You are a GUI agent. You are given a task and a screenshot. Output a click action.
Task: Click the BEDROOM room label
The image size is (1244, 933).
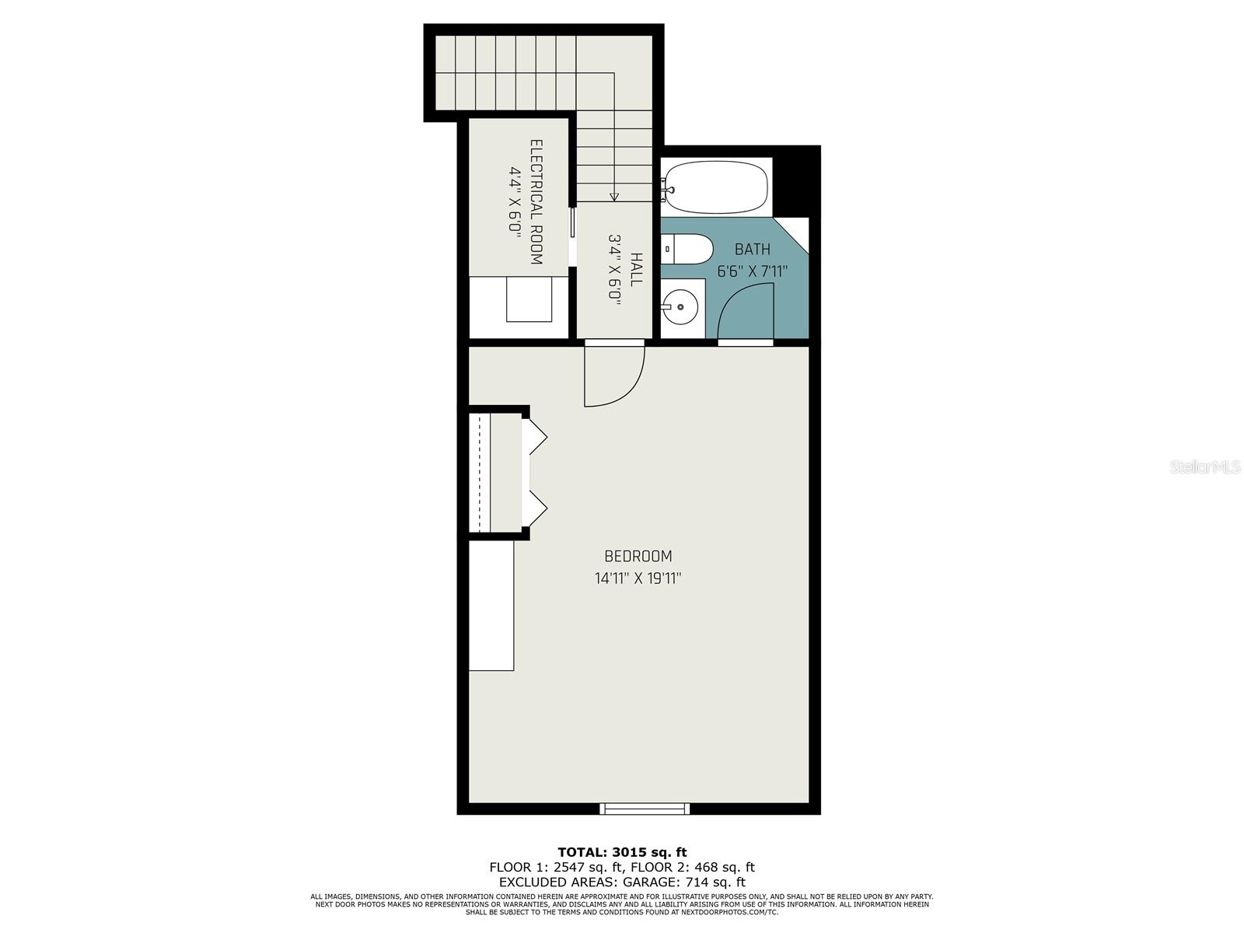(638, 556)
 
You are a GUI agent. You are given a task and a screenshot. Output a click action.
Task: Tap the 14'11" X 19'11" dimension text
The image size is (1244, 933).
(638, 578)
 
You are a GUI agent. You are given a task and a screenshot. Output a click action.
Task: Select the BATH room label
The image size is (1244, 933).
(752, 250)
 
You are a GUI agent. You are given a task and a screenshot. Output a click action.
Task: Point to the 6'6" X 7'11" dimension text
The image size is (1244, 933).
(752, 271)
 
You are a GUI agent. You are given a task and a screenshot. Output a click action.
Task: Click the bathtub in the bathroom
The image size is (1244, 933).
(716, 187)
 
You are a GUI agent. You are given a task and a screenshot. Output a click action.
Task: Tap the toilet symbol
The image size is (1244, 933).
(690, 249)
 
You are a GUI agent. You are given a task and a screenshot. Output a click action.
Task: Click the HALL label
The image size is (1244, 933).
(636, 269)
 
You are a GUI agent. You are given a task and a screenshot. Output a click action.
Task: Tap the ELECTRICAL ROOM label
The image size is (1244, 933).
(536, 202)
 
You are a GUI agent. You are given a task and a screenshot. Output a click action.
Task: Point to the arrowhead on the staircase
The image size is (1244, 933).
(614, 197)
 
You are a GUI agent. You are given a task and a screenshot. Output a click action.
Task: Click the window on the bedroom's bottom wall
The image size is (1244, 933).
(644, 809)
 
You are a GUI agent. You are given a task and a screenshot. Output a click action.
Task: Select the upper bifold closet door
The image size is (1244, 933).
(538, 437)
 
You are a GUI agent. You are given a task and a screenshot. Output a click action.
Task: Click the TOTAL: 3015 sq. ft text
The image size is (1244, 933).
(622, 852)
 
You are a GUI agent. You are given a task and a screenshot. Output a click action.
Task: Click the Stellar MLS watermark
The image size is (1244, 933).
(1205, 467)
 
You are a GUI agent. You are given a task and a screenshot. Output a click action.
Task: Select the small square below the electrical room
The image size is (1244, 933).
(529, 299)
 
